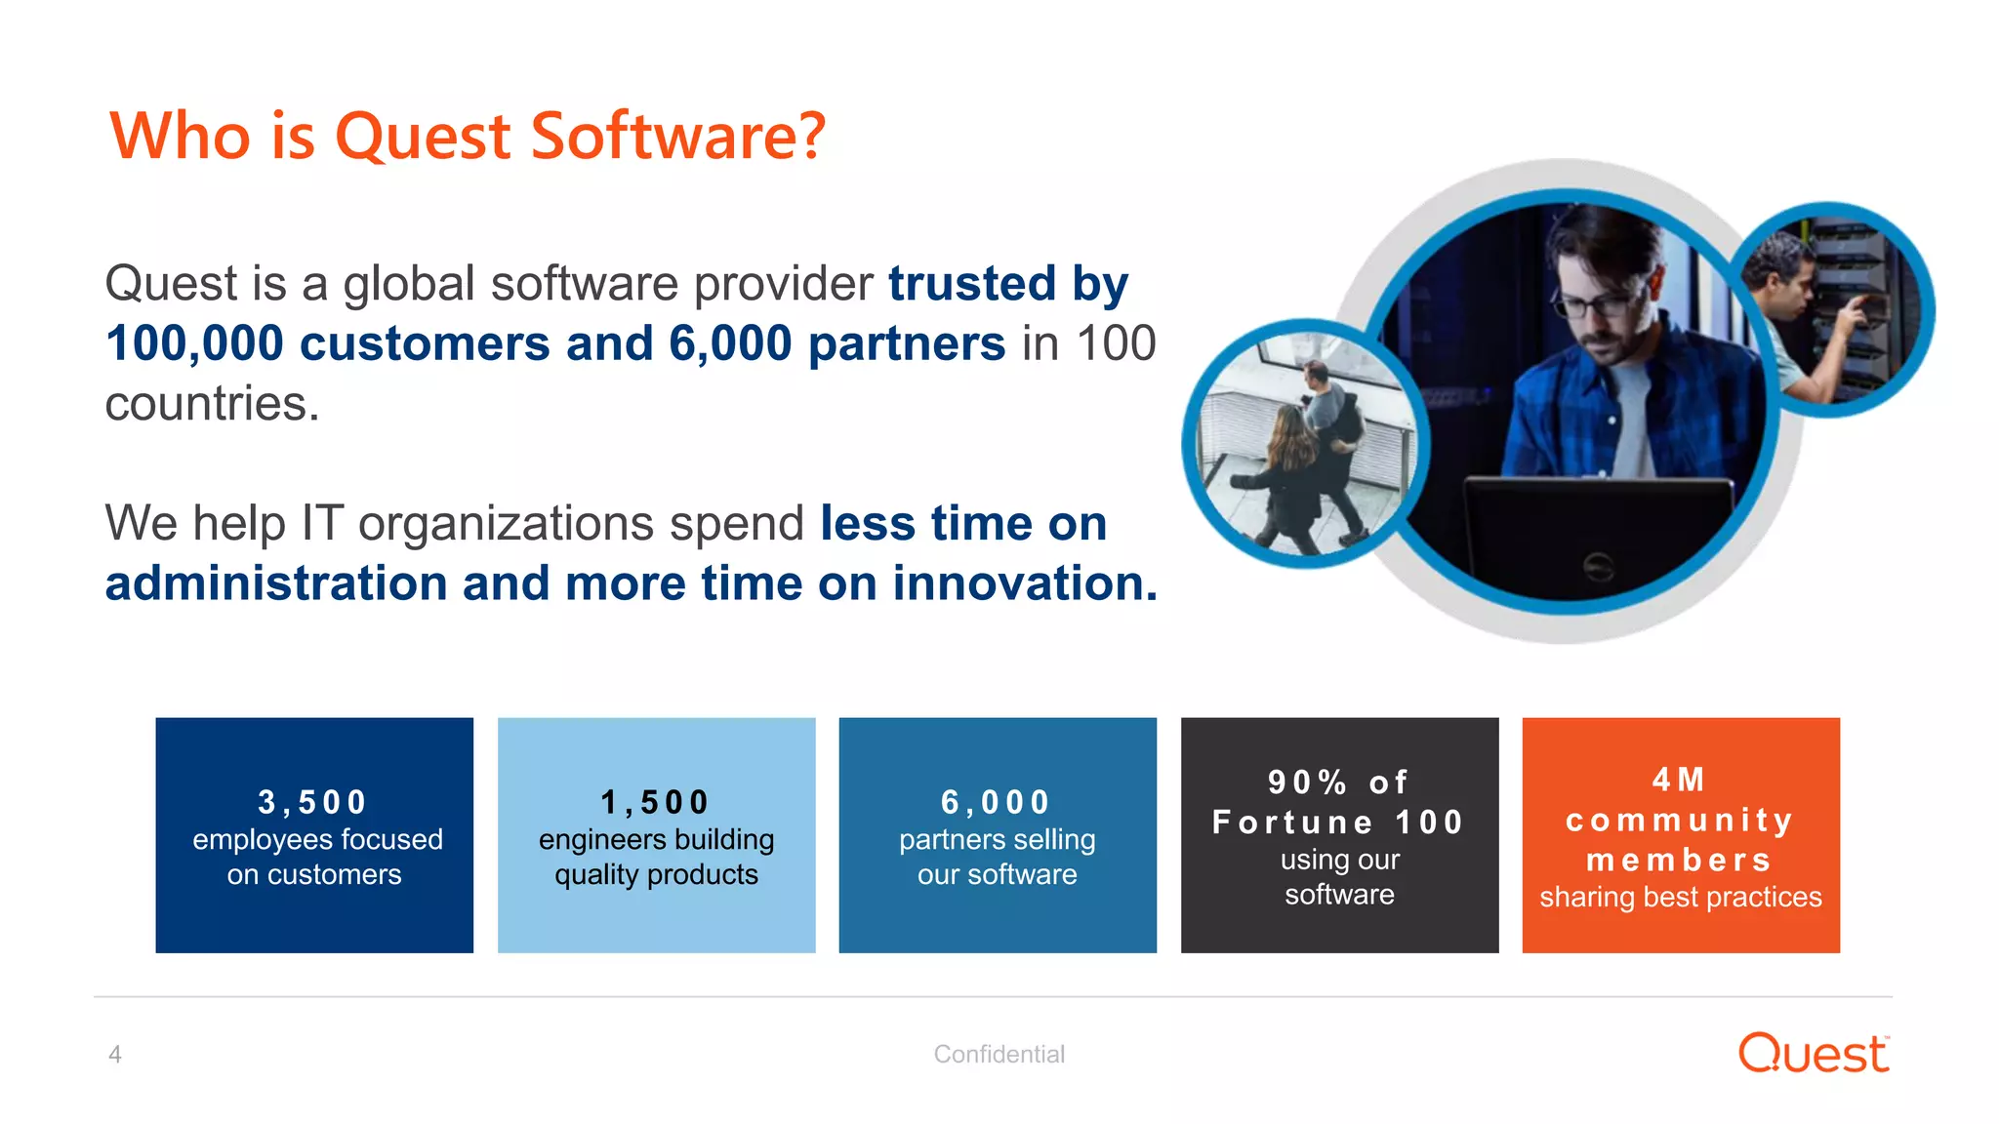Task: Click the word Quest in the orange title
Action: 422,137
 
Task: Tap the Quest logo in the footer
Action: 1813,1054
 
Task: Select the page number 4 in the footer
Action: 115,1055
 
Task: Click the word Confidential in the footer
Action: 999,1055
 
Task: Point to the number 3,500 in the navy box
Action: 312,802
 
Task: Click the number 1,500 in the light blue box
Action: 655,802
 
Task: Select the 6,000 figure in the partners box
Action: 996,802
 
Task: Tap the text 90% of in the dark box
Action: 1338,782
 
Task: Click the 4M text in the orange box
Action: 1679,780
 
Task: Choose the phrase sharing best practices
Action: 1680,897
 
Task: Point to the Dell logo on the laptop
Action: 1598,566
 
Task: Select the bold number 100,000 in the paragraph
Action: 194,343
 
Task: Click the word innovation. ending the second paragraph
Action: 1025,583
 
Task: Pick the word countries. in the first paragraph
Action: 212,404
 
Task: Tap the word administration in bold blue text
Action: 275,583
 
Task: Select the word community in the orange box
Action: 1679,820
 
